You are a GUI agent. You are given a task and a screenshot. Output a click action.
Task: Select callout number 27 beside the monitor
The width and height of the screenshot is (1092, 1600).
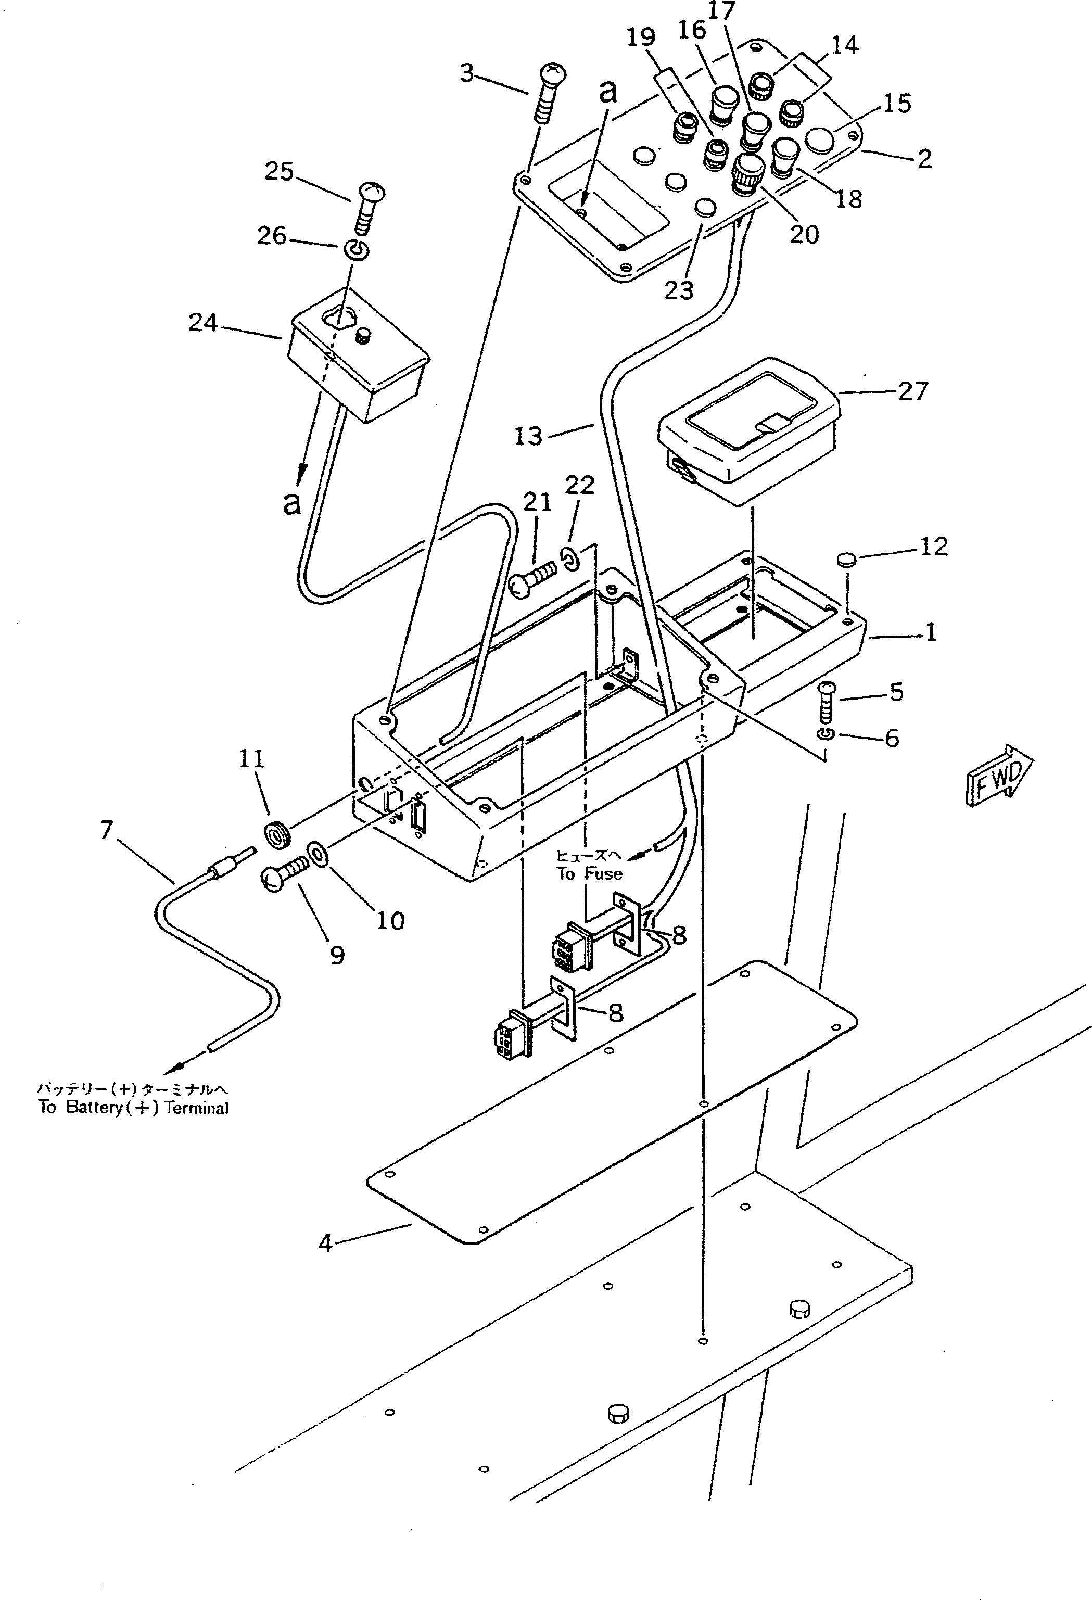click(913, 392)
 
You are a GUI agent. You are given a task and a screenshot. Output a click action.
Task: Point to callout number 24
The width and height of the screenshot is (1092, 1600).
click(203, 322)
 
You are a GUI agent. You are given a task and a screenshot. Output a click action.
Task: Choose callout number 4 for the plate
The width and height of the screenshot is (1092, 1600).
click(325, 1243)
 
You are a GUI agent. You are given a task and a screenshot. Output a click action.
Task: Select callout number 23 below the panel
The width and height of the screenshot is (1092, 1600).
click(679, 290)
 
